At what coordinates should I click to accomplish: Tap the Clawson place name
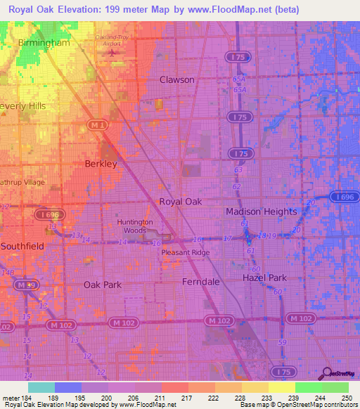(x=176, y=79)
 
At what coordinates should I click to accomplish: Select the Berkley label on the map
(x=100, y=163)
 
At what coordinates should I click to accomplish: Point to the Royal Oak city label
(x=180, y=202)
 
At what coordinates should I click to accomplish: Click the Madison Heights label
(x=261, y=212)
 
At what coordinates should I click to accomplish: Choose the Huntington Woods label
(x=134, y=226)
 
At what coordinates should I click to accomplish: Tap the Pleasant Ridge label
(x=185, y=252)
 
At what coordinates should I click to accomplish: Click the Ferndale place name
(x=201, y=281)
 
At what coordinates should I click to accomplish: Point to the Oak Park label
(x=103, y=285)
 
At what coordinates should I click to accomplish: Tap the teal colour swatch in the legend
(x=41, y=387)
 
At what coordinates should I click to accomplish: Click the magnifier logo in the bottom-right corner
(x=328, y=375)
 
